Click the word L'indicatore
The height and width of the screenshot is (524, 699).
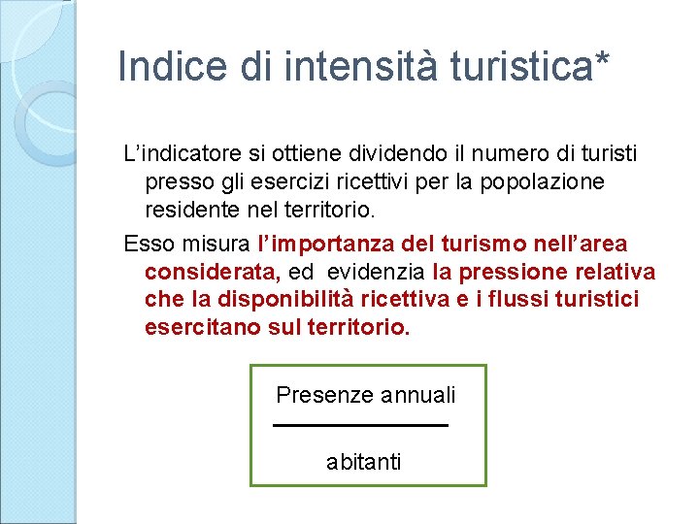(x=183, y=153)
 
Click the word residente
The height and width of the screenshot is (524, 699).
(x=192, y=209)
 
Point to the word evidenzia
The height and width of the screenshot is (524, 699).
(x=375, y=272)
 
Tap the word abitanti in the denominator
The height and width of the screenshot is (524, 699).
(x=363, y=462)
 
